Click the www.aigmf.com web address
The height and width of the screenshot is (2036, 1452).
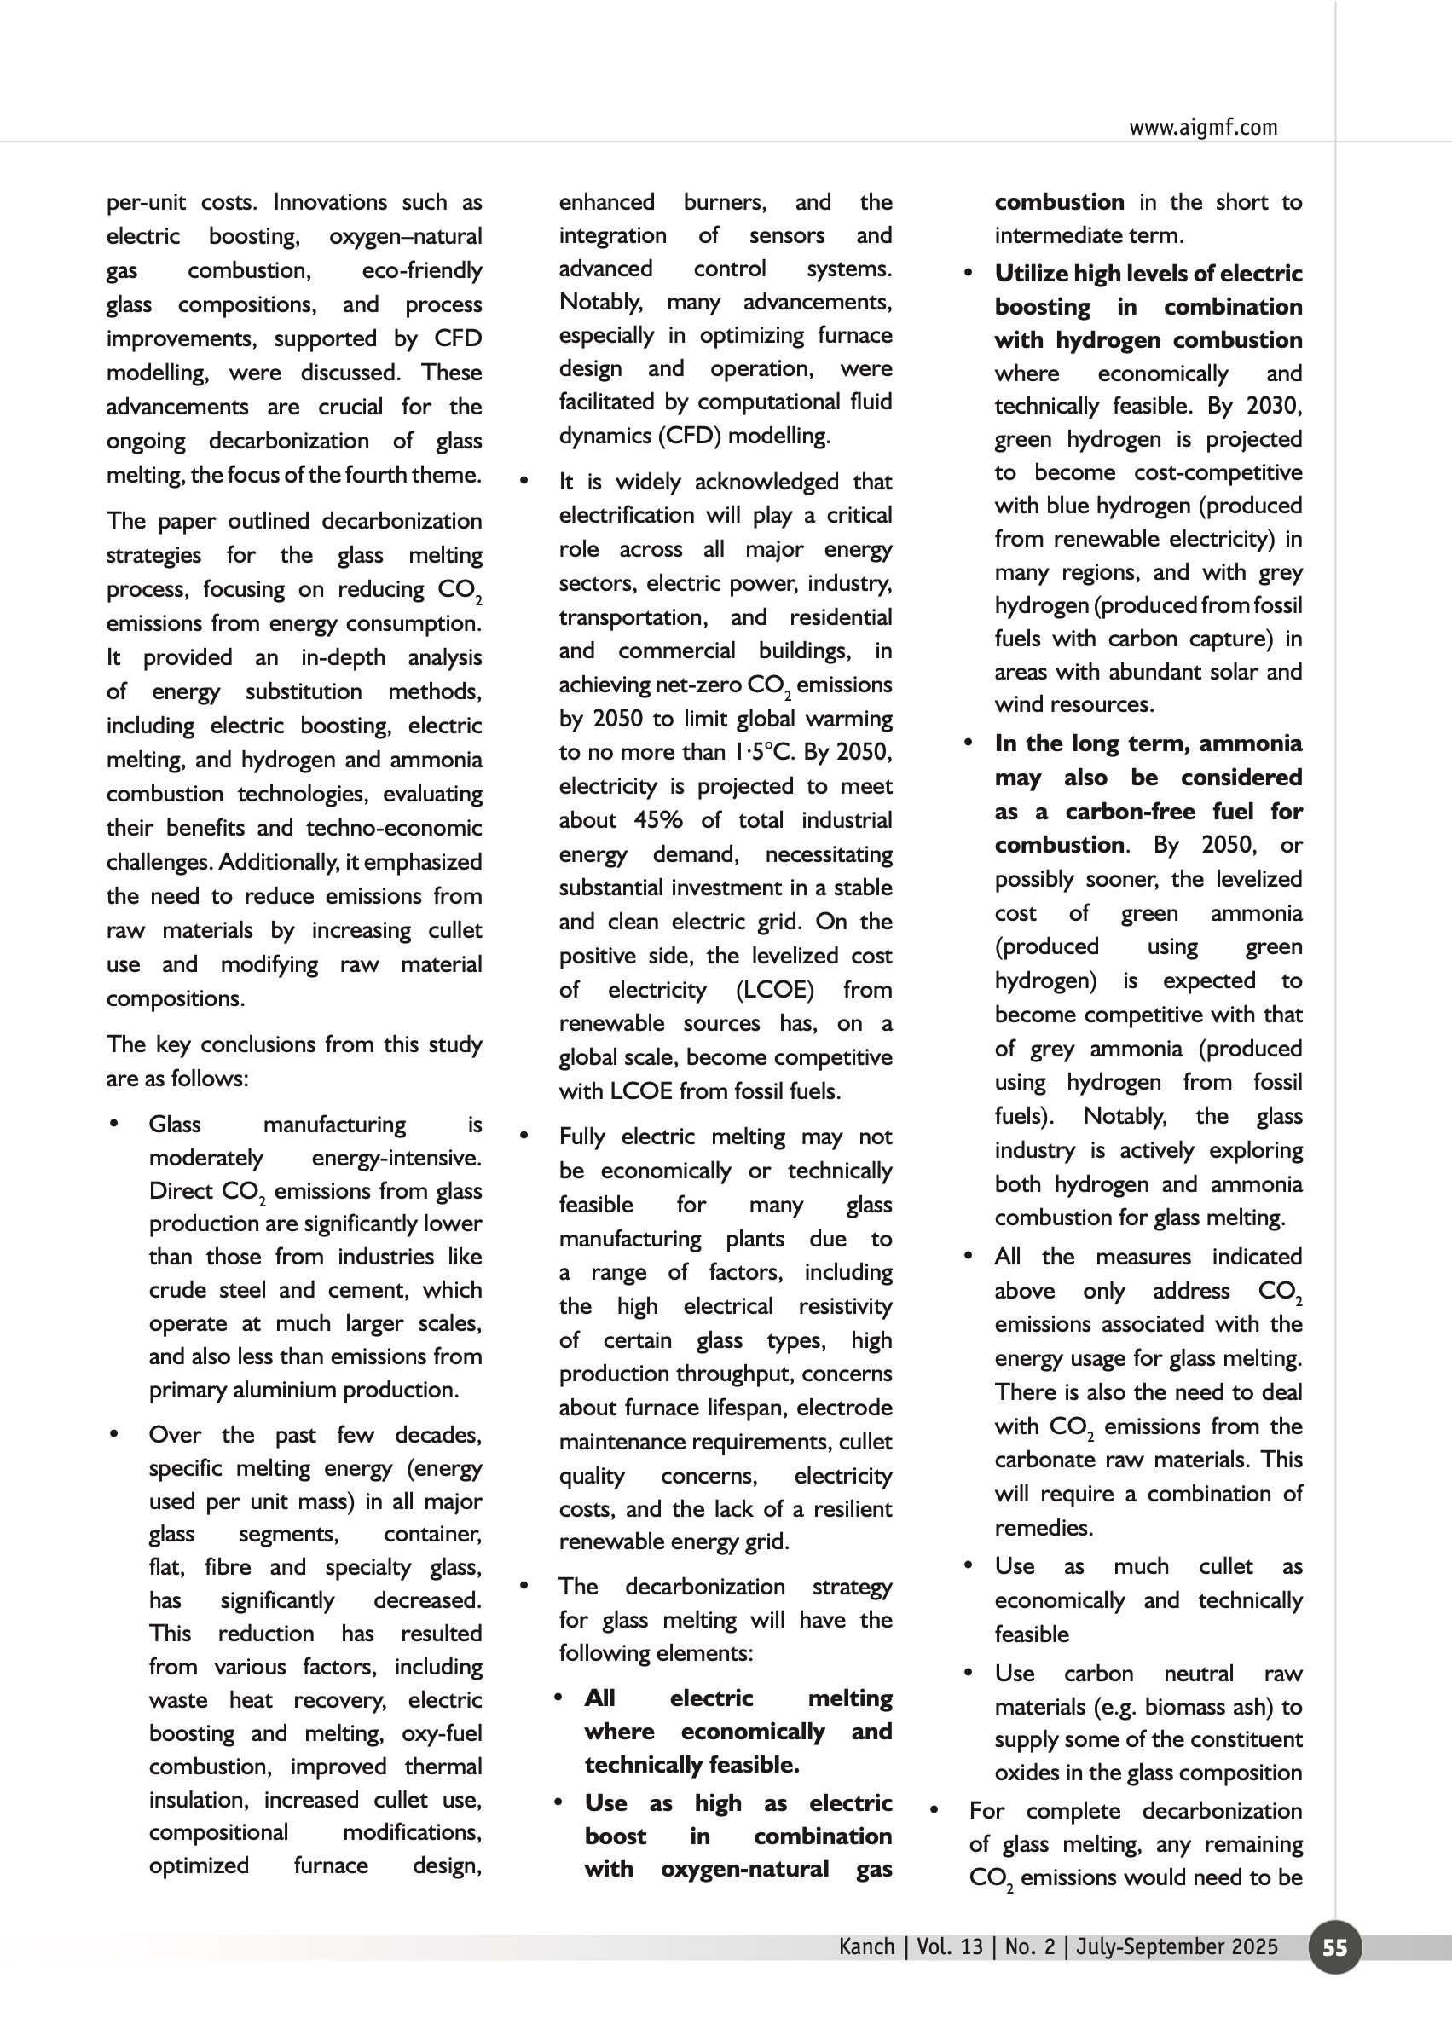point(1202,127)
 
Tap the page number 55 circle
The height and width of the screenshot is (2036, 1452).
point(1334,1947)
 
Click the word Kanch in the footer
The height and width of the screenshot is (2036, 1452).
point(865,1946)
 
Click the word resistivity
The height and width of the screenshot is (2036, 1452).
point(845,1306)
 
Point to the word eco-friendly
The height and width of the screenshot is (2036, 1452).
point(421,270)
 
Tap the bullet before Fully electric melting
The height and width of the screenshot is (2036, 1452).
point(524,1137)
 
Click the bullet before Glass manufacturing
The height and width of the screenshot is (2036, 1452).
point(113,1124)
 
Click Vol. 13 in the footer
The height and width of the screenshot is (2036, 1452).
point(949,1946)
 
